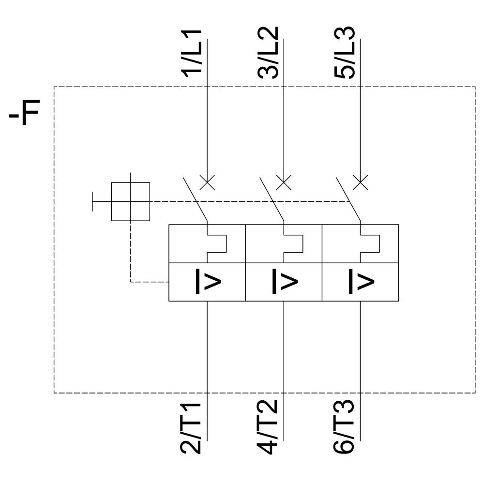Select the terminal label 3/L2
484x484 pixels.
[268, 52]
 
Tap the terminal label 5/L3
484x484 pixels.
[345, 52]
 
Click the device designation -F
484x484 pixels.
[24, 112]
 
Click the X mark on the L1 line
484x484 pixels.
[207, 182]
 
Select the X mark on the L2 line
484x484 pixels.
[284, 182]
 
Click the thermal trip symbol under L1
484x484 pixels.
[216, 243]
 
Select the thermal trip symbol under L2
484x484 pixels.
[292, 243]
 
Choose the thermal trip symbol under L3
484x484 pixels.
[369, 243]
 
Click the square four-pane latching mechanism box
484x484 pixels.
[130, 201]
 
